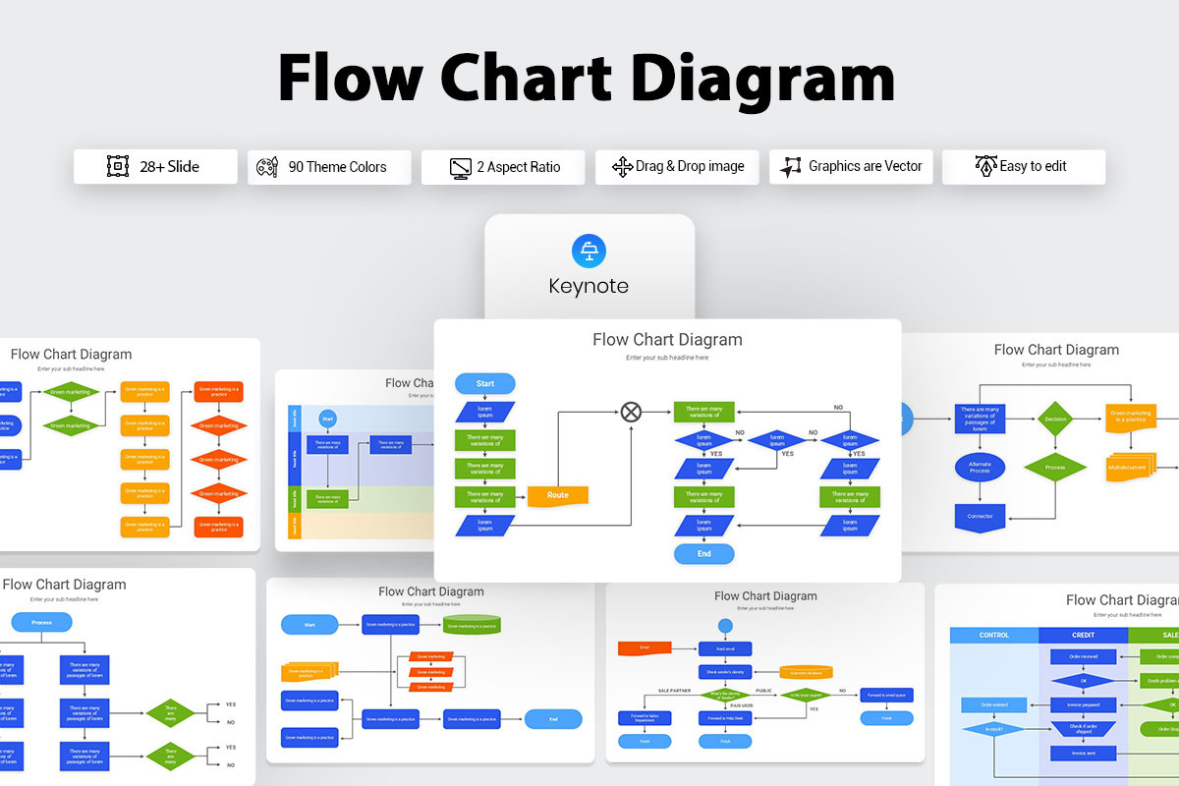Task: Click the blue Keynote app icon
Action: (589, 251)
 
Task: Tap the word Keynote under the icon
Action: (589, 287)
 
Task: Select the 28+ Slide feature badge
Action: (155, 167)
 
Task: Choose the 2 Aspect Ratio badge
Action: (503, 167)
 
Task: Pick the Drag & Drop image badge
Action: (677, 167)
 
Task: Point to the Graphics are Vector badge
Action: (851, 167)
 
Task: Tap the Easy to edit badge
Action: (1023, 167)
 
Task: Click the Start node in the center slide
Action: (485, 383)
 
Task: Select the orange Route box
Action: (558, 495)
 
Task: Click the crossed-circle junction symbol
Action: (631, 412)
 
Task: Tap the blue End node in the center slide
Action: (703, 554)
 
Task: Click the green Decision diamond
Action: (1055, 418)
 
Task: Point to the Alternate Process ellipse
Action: (980, 467)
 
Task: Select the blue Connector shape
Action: (980, 516)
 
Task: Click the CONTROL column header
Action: (994, 636)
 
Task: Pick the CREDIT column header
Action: (1083, 636)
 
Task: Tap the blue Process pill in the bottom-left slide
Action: (41, 622)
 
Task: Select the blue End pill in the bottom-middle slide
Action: (553, 719)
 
